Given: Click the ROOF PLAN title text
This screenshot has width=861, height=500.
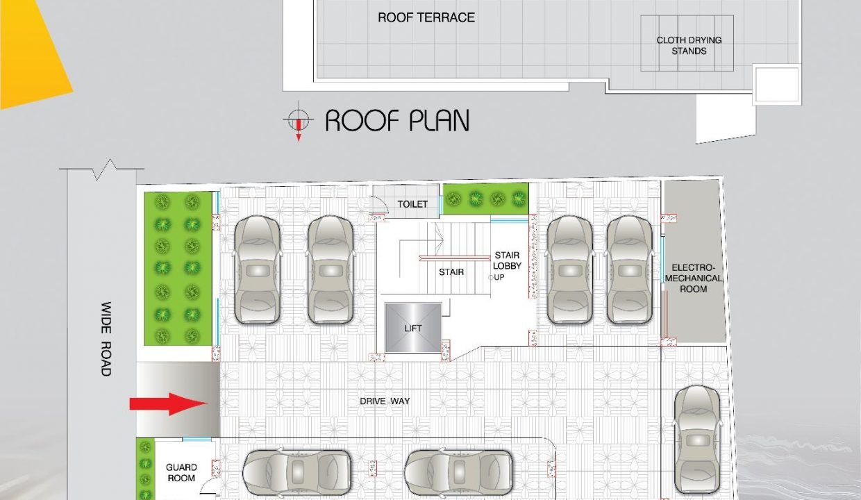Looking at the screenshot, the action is click(397, 121).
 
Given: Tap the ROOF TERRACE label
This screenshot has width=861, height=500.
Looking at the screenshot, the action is click(426, 17).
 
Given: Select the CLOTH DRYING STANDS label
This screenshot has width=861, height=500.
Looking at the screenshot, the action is click(689, 45).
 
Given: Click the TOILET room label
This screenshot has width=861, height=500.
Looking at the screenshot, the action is click(412, 204).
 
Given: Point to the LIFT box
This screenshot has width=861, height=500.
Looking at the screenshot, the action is click(413, 328).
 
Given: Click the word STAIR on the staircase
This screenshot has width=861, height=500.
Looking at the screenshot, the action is click(451, 272).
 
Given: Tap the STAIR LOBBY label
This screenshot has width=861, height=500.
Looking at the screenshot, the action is click(507, 260).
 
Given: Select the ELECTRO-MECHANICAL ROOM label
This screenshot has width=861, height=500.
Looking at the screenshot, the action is click(694, 278).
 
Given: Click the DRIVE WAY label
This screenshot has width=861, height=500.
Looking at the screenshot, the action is click(385, 401).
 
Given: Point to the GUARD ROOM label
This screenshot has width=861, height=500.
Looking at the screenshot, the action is click(181, 473).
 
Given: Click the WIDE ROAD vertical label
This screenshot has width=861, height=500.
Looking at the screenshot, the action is click(106, 339).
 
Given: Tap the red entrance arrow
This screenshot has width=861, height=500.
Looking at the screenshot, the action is click(169, 404).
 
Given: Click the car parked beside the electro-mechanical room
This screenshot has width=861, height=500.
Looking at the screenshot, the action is click(629, 269).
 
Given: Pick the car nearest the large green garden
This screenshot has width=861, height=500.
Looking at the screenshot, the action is click(257, 269).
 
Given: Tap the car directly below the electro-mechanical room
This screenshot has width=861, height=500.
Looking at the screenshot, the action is click(697, 440).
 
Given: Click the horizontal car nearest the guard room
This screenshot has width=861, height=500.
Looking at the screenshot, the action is click(296, 472).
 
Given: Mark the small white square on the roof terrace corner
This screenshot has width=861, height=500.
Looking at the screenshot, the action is click(777, 85).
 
